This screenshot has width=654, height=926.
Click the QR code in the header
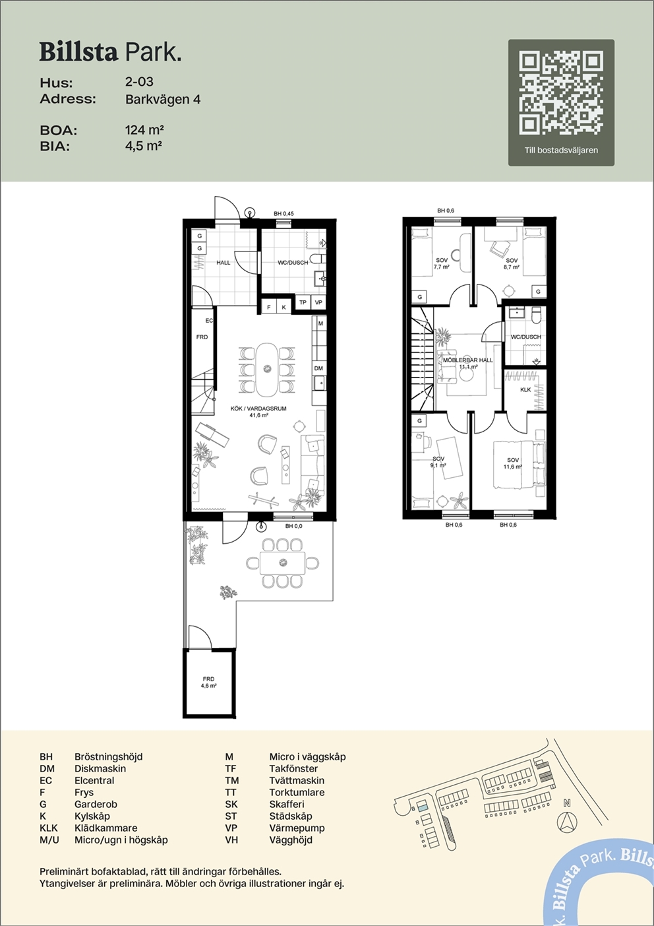(561, 94)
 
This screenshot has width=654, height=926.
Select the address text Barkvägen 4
(163, 100)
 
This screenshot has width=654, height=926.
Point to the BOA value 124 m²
(144, 130)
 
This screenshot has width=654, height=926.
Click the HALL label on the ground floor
(223, 263)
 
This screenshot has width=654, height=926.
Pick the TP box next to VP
(303, 302)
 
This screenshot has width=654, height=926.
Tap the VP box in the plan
(318, 302)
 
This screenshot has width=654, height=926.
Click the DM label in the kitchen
(318, 368)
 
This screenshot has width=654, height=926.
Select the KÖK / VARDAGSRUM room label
(258, 412)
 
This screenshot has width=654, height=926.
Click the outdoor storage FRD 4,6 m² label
(208, 682)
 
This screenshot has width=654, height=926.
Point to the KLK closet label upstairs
(525, 389)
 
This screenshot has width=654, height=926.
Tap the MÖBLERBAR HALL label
(468, 363)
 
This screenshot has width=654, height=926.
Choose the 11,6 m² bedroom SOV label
(513, 463)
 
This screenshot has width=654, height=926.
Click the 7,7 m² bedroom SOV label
(441, 263)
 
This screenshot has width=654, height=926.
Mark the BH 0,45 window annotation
(283, 214)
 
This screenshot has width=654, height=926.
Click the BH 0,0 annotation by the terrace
(293, 526)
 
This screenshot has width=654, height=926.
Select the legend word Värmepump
(297, 828)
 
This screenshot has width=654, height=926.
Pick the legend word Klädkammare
(105, 828)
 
